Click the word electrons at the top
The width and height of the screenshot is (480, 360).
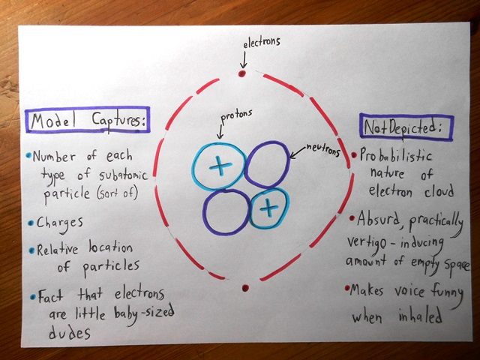(261, 43)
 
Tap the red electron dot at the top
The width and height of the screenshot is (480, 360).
(241, 74)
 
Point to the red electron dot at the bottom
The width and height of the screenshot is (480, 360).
(245, 287)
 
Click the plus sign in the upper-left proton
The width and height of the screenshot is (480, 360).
(217, 166)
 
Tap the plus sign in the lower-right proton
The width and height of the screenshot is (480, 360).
(266, 209)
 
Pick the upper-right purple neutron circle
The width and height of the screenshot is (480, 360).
(266, 165)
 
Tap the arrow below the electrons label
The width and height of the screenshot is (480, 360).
(242, 60)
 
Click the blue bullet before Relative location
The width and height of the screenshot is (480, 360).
(31, 250)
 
